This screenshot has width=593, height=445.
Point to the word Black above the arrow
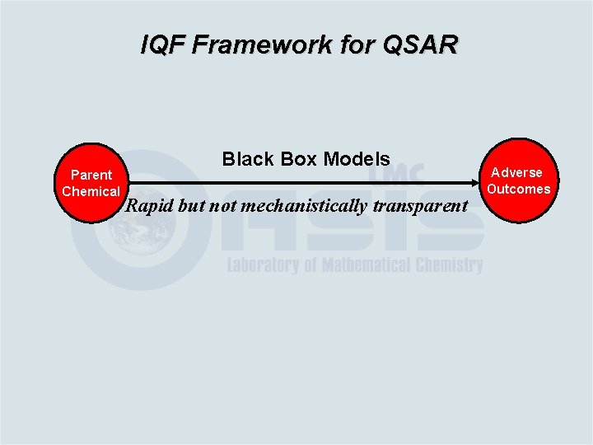click(x=246, y=158)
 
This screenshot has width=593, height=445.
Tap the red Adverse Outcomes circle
click(x=517, y=180)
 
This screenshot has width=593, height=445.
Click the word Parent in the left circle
click(x=91, y=175)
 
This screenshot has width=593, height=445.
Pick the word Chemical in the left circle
click(x=91, y=191)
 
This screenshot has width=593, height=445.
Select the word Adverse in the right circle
click(x=517, y=172)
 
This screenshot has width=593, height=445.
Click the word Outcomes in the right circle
click(x=518, y=189)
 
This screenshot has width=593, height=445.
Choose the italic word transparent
click(x=420, y=206)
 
